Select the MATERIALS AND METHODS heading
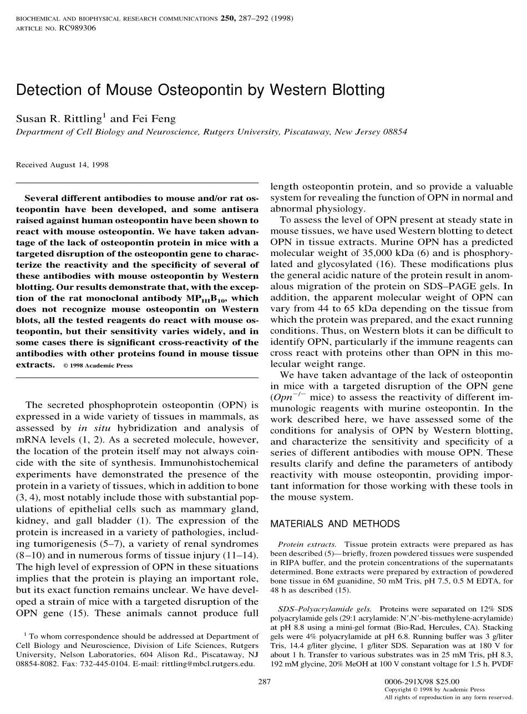tap(335, 524)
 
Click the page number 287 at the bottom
tap(264, 681)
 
